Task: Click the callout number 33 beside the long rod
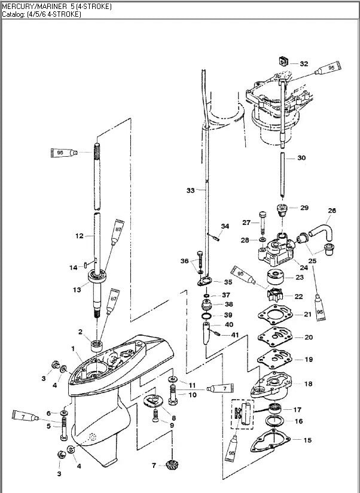190,190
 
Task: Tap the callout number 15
307,440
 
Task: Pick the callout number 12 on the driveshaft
79,236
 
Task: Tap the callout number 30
301,158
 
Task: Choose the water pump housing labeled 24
276,248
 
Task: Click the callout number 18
308,384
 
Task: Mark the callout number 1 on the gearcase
73,348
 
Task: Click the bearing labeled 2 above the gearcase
96,345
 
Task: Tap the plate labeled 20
274,337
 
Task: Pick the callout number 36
185,261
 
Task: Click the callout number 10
192,395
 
